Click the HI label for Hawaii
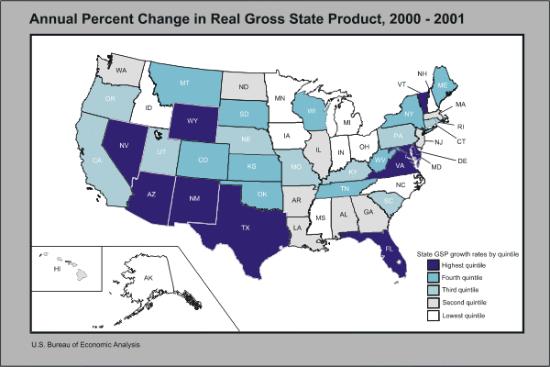tap(56, 270)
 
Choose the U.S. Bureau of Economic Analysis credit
tap(86, 345)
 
